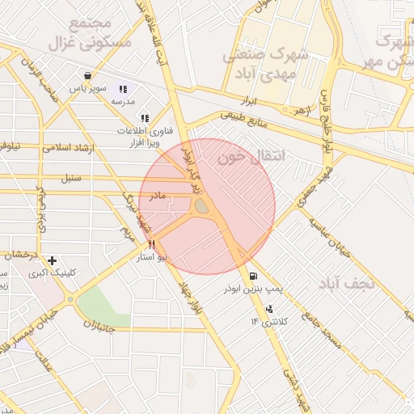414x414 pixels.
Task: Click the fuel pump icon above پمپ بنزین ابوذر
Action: pos(255,276)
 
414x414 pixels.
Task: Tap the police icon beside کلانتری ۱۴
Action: pos(269,309)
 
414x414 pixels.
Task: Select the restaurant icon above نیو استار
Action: pos(151,244)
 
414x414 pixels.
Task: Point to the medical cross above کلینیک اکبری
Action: pos(53,260)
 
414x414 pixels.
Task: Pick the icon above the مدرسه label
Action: pos(123,89)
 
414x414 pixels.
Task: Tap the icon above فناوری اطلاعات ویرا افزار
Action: pos(145,118)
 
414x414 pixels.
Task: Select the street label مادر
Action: pos(156,196)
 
